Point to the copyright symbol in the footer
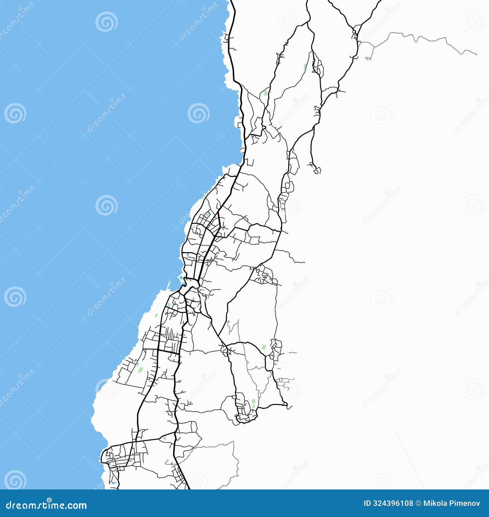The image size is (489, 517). point(418,503)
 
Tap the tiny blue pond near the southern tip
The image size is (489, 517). point(113,482)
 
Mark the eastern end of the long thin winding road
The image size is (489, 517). point(476,54)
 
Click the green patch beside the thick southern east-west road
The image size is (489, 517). point(165,438)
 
